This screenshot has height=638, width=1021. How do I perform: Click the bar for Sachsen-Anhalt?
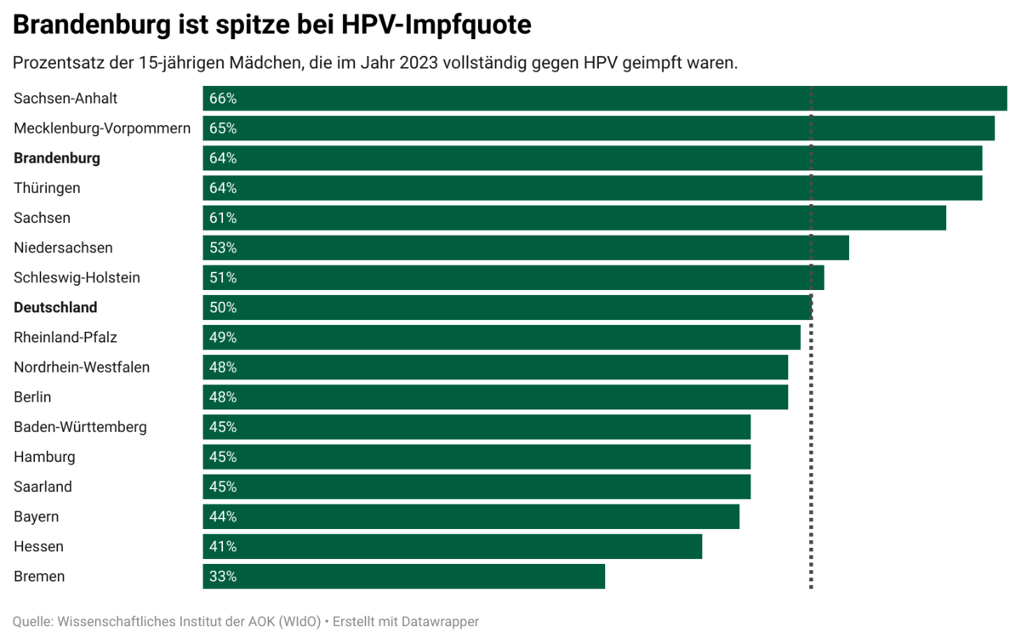point(604,99)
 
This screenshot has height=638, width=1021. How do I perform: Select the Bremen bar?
point(403,577)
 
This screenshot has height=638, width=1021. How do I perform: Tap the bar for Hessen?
point(452,547)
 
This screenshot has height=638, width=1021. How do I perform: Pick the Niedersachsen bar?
point(525,248)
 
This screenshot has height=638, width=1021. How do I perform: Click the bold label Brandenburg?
point(57,158)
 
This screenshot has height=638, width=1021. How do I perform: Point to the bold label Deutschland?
point(55,308)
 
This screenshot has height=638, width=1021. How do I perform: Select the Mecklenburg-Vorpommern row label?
point(102,128)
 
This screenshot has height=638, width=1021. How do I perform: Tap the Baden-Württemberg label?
point(80,427)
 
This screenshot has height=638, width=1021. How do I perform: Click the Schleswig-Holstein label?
point(77,278)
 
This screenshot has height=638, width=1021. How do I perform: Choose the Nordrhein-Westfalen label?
point(82,367)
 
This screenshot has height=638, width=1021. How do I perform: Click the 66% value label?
point(223,99)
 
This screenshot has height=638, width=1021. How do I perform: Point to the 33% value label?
point(223,577)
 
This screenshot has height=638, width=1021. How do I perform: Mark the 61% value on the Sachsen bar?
point(223,219)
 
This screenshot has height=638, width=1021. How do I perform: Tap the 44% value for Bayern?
point(223,517)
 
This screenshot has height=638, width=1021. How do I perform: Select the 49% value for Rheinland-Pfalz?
point(223,338)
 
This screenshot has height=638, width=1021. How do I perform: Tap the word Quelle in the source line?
point(31,622)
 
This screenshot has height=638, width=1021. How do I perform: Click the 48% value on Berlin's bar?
point(223,397)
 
